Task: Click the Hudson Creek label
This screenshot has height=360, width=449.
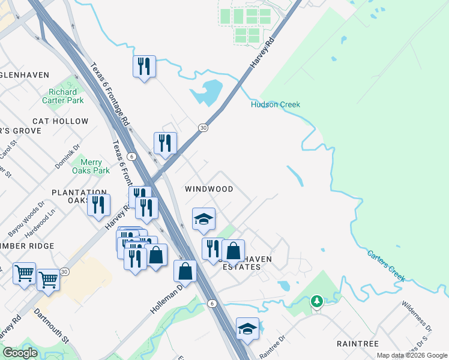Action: click(x=275, y=105)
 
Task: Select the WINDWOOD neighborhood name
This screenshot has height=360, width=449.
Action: click(x=209, y=189)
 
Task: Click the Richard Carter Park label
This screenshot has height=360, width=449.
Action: click(x=63, y=97)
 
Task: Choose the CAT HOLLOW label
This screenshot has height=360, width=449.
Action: click(x=61, y=121)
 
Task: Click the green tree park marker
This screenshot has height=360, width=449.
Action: click(x=316, y=301)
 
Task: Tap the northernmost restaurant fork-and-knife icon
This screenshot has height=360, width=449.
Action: click(x=144, y=66)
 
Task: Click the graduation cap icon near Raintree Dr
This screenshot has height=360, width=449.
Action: click(x=247, y=329)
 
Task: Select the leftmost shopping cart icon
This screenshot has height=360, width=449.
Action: click(x=25, y=274)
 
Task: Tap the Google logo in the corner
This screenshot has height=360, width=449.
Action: click(x=20, y=353)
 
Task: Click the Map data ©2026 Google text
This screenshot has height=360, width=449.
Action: click(x=411, y=355)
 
